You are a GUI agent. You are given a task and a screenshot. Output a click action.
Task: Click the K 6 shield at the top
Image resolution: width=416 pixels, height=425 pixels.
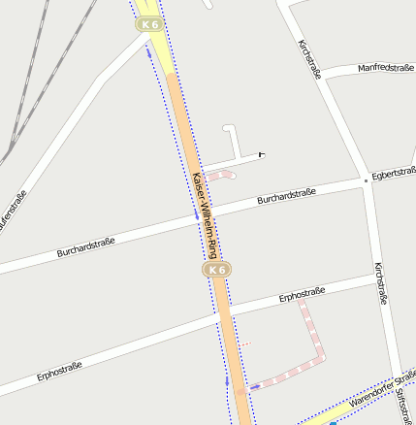148,24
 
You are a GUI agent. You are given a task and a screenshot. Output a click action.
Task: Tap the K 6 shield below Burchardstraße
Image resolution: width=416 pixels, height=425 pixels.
216,269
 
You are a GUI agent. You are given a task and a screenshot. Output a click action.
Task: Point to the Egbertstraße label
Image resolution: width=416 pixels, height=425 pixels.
393,174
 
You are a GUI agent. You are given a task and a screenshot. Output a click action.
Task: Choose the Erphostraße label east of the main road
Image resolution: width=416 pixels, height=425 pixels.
307,294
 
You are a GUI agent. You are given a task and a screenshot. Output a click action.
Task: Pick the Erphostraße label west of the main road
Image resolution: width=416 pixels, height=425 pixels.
59,371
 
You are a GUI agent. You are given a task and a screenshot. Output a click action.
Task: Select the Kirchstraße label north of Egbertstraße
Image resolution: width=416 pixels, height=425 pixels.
309,59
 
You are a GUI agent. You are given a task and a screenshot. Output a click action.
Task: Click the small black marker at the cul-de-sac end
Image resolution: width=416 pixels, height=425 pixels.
261,153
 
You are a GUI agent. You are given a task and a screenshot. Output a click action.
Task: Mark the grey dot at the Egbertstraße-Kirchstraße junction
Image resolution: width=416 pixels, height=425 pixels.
366,180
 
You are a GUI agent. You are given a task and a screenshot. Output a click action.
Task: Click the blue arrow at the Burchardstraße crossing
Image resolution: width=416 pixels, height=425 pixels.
196,213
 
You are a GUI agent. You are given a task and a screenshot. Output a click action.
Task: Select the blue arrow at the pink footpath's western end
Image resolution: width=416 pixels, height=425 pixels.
255,386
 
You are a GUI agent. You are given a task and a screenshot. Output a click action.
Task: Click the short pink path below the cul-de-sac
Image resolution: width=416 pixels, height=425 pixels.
222,176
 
